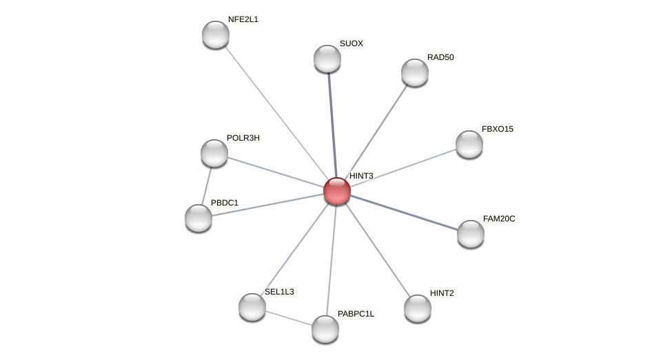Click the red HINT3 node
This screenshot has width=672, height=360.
[337, 191]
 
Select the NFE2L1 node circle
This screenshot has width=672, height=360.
[216, 34]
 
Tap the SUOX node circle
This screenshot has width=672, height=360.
[327, 59]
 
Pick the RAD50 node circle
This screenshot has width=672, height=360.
[415, 72]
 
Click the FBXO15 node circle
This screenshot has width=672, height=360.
[469, 144]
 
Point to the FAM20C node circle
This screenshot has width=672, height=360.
[471, 234]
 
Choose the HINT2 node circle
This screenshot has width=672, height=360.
[418, 308]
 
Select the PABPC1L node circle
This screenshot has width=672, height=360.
[325, 329]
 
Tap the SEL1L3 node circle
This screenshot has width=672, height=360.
[252, 307]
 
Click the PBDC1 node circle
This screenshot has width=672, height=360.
[198, 218]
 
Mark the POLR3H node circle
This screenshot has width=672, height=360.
[214, 153]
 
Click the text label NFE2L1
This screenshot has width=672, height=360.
[243, 19]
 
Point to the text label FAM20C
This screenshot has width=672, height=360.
[498, 219]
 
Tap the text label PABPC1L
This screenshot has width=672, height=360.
[356, 314]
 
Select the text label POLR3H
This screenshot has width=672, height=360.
[243, 138]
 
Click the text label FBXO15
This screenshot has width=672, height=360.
[497, 129]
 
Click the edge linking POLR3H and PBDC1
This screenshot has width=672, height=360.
[207, 185]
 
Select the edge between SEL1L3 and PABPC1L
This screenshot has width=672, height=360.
[289, 318]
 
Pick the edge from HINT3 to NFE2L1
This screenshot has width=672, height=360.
[276, 112]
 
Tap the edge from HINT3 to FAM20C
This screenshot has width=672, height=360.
[404, 212]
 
